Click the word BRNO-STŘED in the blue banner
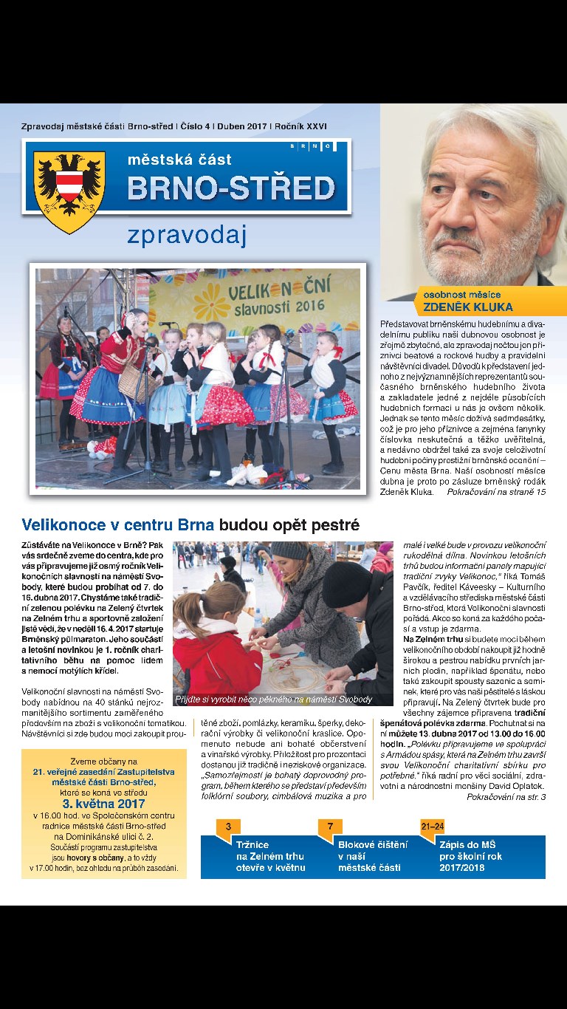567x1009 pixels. pyautogui.click(x=231, y=188)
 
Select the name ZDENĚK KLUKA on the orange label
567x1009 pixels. pyautogui.click(x=468, y=307)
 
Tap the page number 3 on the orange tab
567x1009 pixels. pyautogui.click(x=228, y=825)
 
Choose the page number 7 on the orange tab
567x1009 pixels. pyautogui.click(x=330, y=825)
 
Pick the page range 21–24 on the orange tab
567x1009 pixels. pyautogui.click(x=433, y=825)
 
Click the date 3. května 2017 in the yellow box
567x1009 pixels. pyautogui.click(x=103, y=804)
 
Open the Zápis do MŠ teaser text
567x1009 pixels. pyautogui.click(x=470, y=855)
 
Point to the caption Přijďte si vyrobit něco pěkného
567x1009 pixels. pyautogui.click(x=274, y=699)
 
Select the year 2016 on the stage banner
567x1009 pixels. pyautogui.click(x=310, y=305)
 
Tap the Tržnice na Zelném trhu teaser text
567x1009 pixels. pyautogui.click(x=269, y=855)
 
